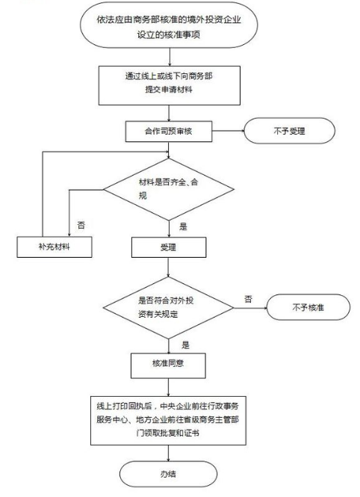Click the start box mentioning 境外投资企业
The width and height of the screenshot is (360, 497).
tap(171, 28)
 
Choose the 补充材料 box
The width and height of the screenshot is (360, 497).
tap(55, 247)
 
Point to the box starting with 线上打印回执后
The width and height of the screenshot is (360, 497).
tap(171, 423)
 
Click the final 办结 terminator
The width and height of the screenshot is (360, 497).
tap(171, 474)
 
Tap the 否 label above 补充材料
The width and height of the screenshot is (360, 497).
tap(80, 223)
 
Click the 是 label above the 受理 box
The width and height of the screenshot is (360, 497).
tap(183, 224)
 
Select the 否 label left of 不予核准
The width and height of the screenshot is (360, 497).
tap(247, 298)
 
